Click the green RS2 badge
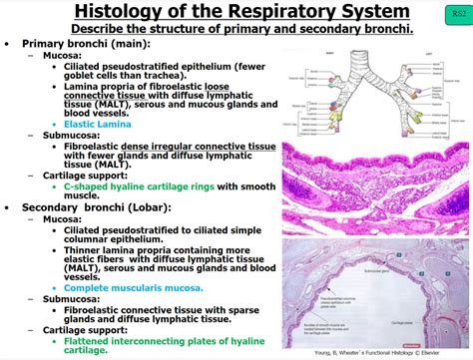(456, 16)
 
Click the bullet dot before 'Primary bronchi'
(9, 45)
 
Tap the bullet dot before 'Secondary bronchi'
(9, 208)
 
